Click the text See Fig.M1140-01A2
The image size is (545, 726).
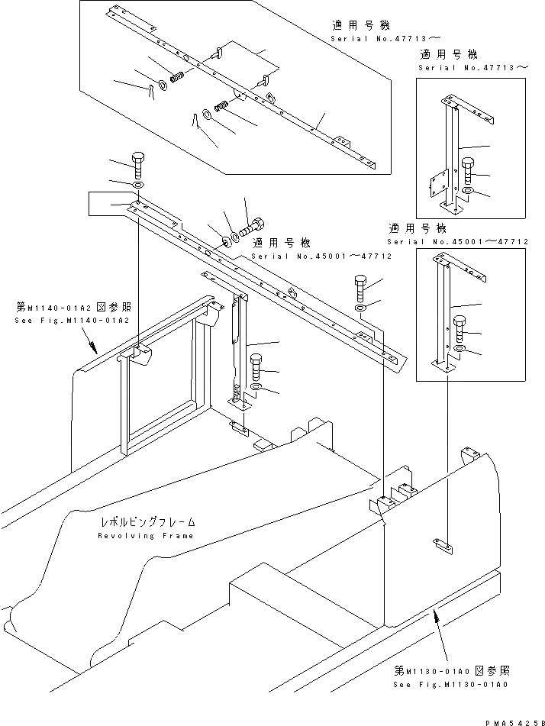tap(73, 320)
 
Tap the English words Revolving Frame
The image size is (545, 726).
tap(146, 536)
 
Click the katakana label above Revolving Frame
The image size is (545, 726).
tap(147, 523)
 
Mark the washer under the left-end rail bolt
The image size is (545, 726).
tap(138, 186)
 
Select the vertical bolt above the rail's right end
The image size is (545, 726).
tap(362, 287)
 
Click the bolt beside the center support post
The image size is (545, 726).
tap(256, 366)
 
